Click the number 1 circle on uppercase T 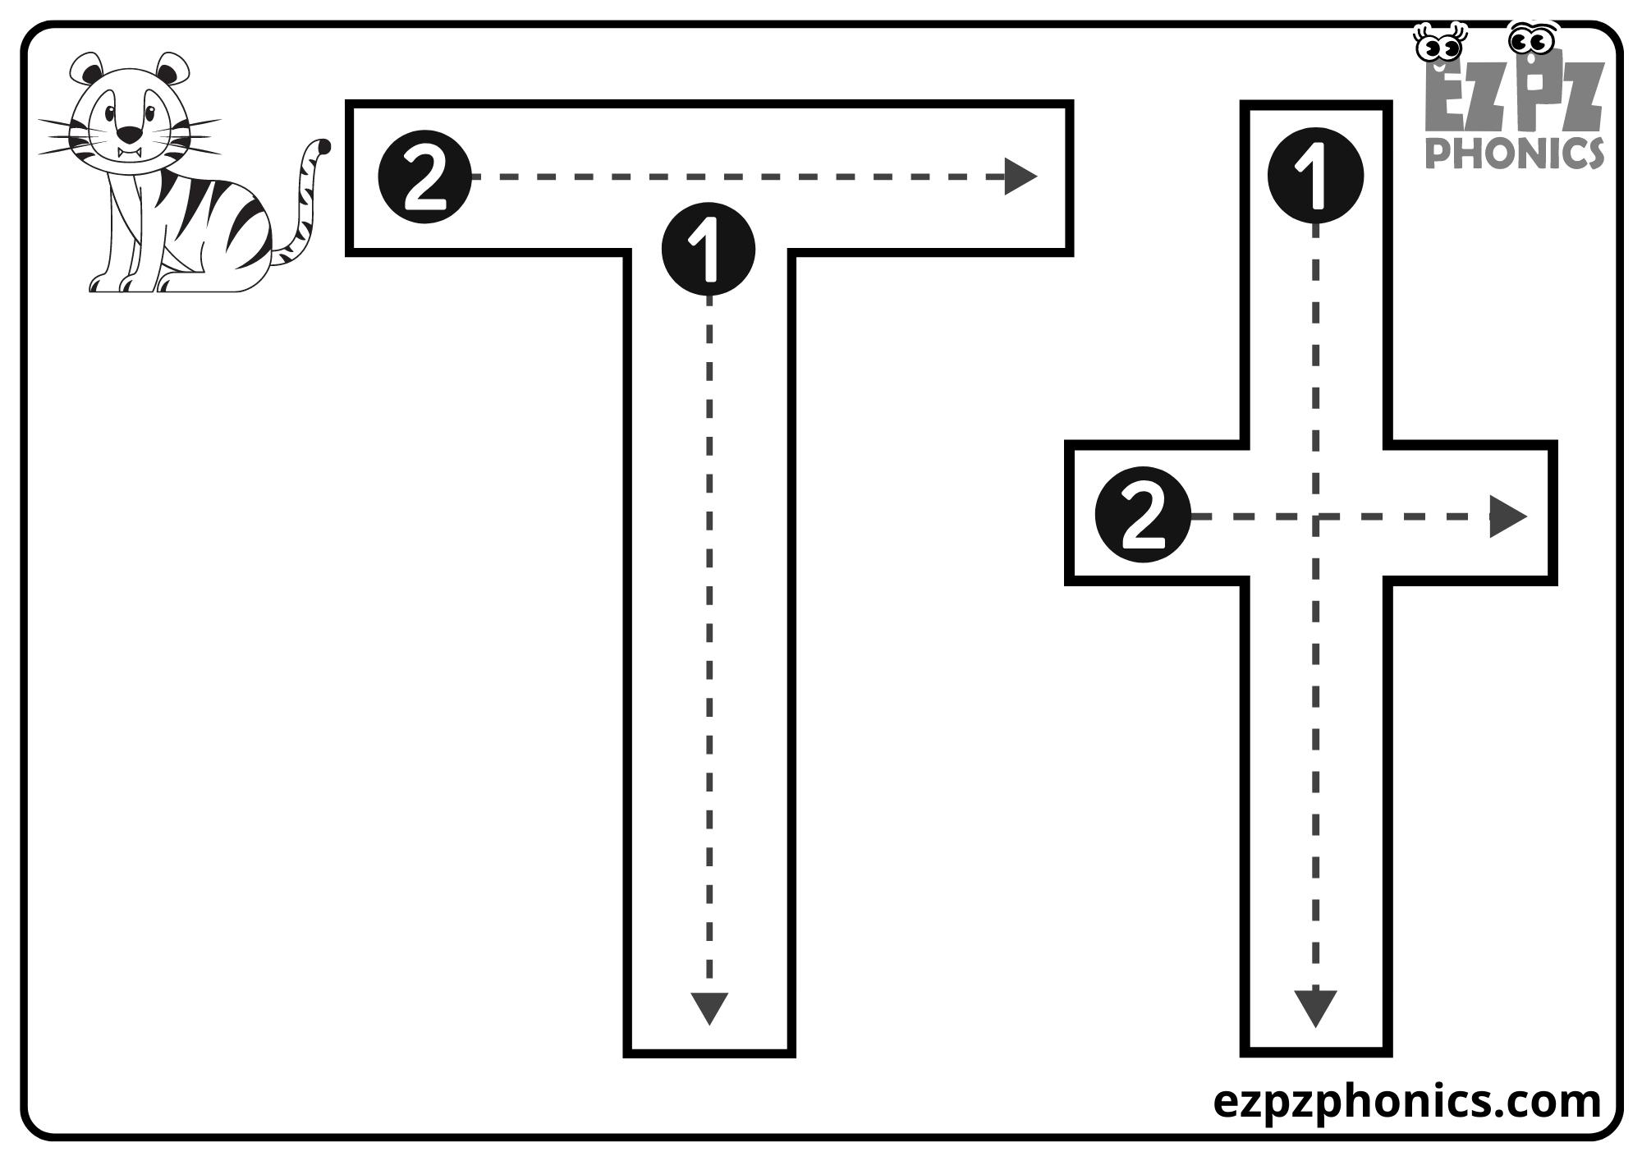click(708, 249)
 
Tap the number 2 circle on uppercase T click(424, 177)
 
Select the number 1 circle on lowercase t click(1315, 175)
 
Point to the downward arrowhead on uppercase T click(709, 1007)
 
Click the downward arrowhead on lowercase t click(1315, 1007)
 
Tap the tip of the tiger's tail click(324, 147)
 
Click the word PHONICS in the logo click(1514, 152)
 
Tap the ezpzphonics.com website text click(1406, 1101)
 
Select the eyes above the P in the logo click(1532, 39)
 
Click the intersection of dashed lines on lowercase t click(1315, 516)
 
